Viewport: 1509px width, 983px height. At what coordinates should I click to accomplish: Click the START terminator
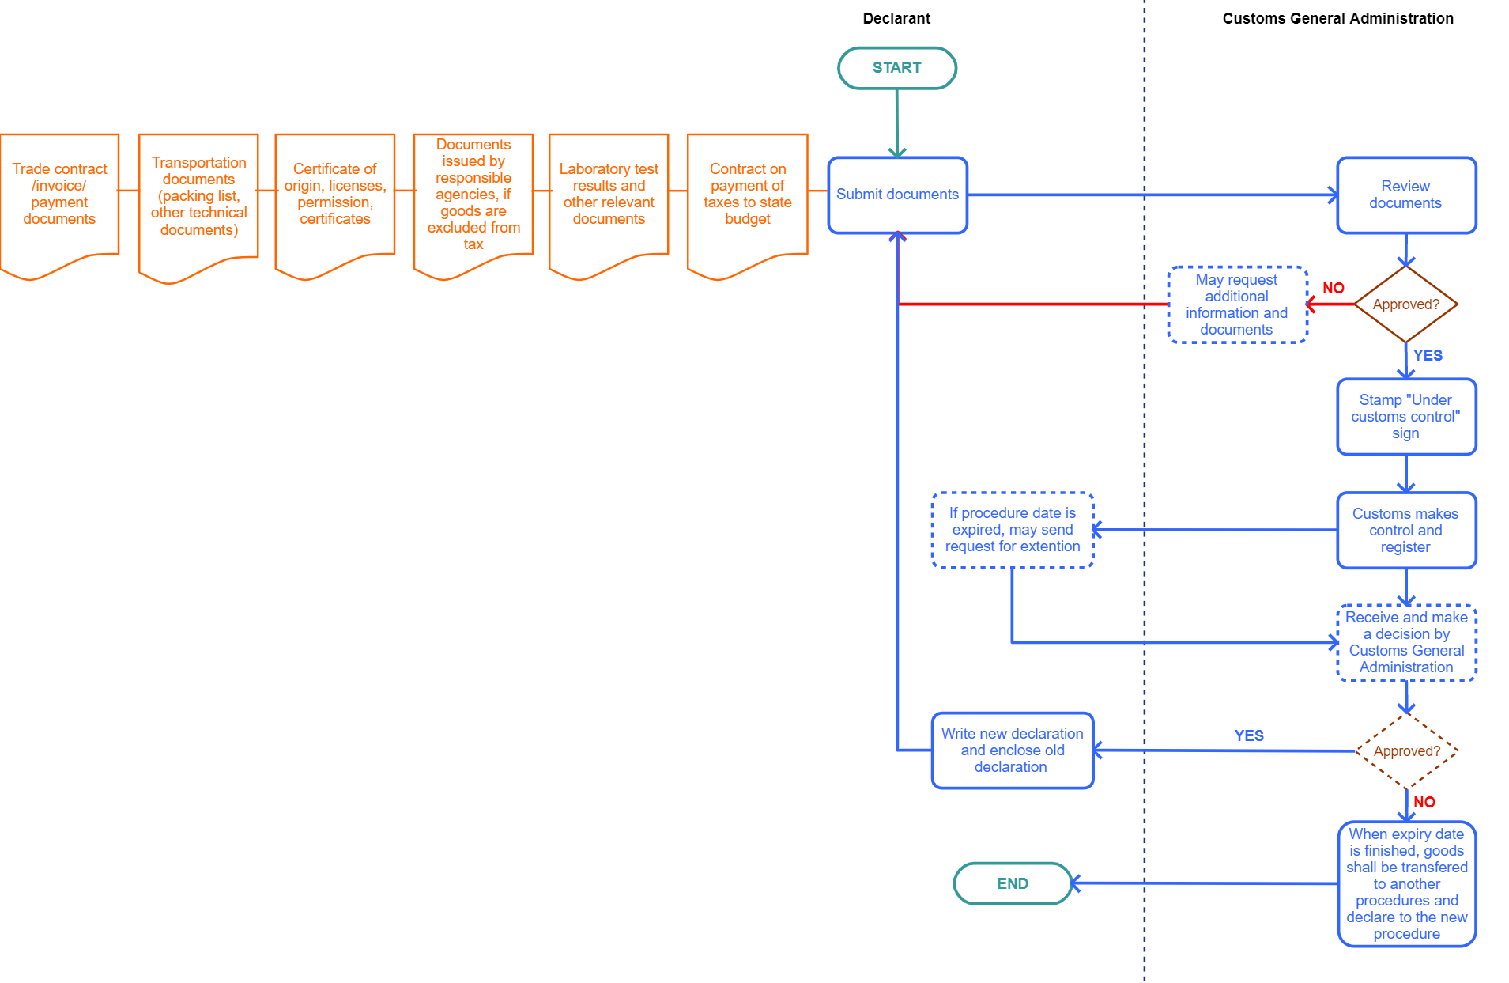click(896, 68)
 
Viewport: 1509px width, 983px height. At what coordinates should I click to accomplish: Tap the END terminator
click(1012, 883)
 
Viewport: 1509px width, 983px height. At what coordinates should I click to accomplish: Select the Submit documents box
click(897, 195)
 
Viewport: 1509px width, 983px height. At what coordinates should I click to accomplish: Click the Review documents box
click(1405, 195)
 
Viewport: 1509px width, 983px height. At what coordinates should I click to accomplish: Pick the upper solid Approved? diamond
click(1405, 304)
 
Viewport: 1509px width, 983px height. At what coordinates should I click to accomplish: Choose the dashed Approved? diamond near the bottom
click(1406, 751)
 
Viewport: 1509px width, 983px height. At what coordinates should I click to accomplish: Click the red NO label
click(1334, 289)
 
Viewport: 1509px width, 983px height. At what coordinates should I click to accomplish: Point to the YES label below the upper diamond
click(1428, 356)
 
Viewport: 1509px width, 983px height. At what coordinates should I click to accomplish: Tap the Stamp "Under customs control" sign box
click(1405, 417)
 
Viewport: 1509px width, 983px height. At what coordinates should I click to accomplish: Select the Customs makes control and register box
click(1405, 530)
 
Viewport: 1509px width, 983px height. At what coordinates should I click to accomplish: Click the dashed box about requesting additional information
click(1236, 304)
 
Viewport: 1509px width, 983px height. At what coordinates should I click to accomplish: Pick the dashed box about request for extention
click(1012, 530)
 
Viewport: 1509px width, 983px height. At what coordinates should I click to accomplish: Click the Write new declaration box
click(1012, 750)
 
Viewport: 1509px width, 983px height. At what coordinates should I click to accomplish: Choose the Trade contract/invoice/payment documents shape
click(59, 195)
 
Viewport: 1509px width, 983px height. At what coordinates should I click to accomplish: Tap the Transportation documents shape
click(198, 196)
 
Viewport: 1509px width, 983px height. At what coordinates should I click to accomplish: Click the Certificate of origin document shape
click(334, 195)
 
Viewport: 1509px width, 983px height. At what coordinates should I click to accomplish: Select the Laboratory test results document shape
click(609, 195)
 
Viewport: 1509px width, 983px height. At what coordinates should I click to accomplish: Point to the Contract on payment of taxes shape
click(747, 195)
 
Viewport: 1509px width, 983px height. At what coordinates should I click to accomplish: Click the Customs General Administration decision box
click(1405, 642)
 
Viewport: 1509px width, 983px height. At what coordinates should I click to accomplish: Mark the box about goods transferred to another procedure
click(1406, 883)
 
